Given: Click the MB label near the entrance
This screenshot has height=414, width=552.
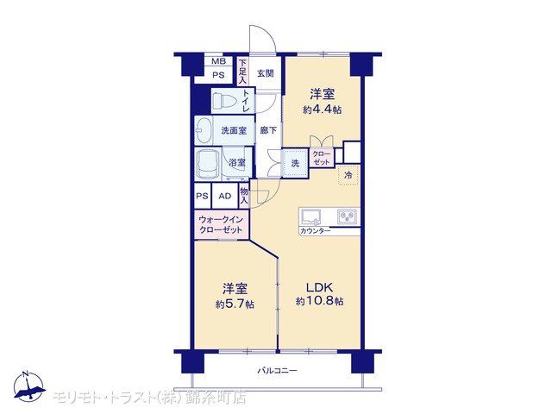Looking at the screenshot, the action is (218, 61).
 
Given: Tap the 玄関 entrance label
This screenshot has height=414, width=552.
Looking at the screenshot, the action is (265, 73).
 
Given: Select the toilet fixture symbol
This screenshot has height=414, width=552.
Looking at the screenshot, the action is (224, 101).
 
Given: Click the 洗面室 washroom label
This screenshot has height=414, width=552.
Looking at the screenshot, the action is (234, 130).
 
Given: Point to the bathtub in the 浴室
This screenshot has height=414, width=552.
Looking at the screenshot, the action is (208, 165).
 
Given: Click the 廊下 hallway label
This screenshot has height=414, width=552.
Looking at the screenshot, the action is (268, 130).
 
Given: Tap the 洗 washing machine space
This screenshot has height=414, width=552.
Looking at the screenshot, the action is (295, 163).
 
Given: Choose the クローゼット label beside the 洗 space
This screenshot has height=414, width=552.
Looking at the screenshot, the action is (322, 158).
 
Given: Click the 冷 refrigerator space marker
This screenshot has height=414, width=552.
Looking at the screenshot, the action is (348, 175).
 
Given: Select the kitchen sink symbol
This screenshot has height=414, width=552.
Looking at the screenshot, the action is (310, 216).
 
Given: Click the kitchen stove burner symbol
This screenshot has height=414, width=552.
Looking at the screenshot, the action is (347, 216).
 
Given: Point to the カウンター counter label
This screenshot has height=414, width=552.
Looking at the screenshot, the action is (315, 231).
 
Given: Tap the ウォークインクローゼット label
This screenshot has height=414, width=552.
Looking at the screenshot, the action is (221, 224).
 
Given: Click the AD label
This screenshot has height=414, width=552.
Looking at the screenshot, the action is (225, 196).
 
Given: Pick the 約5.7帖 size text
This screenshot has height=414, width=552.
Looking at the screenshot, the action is (235, 304).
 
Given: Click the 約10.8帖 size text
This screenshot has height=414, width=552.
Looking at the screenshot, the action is (320, 301).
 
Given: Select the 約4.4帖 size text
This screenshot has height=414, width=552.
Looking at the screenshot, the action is (322, 110).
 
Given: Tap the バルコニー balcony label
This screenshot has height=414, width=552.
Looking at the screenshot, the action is (278, 370).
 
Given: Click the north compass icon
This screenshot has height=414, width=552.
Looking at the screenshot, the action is (29, 386).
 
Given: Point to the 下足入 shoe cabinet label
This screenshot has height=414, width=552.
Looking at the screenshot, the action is (242, 72).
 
